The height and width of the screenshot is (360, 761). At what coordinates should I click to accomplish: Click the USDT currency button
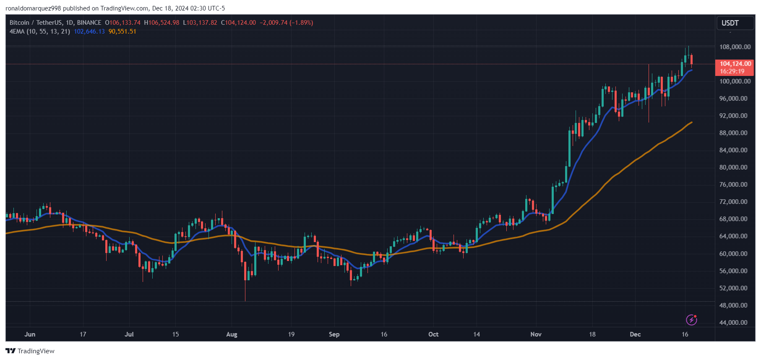[730, 23]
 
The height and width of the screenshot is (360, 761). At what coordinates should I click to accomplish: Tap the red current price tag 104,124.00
[735, 64]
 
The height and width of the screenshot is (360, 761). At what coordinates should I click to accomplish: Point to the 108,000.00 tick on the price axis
[735, 47]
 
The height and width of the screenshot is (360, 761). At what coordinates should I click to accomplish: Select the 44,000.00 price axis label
[733, 323]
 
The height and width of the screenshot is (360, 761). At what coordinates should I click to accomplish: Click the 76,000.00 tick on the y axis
[733, 185]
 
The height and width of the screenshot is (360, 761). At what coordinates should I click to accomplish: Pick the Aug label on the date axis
[232, 334]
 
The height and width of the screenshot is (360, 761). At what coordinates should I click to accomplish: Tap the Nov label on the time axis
[536, 334]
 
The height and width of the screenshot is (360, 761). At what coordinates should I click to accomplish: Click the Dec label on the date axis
[635, 334]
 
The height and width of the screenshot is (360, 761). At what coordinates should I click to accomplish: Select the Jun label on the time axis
[30, 334]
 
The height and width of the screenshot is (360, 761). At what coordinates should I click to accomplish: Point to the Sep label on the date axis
[334, 334]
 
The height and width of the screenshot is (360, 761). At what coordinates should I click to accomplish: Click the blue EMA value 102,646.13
[89, 31]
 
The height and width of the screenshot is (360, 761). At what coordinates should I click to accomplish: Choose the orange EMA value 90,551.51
[122, 31]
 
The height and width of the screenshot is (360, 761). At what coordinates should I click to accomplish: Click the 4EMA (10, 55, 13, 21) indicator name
[40, 31]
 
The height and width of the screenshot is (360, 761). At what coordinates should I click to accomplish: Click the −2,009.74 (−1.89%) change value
[286, 23]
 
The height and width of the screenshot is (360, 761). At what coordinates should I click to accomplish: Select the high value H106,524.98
[162, 23]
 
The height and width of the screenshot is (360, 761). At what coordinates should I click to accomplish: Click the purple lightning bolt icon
[691, 320]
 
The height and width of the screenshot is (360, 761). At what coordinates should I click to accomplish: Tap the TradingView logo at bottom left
[30, 351]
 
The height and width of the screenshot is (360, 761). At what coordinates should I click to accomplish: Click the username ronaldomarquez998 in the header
[33, 8]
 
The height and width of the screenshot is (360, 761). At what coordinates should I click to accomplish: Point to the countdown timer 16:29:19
[732, 71]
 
